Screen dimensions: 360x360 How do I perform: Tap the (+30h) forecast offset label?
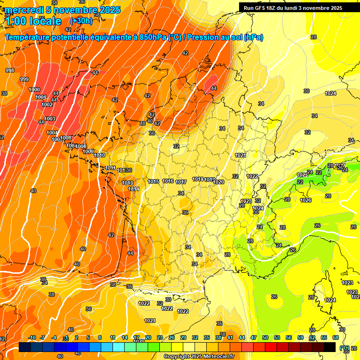[x=81, y=21]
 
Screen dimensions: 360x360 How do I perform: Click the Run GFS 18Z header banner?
[x=293, y=8]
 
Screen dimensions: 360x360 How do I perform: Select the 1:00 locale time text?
[x=34, y=22]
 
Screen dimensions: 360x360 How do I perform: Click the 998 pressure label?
[x=10, y=70]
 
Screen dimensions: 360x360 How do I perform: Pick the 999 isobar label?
[x=24, y=79]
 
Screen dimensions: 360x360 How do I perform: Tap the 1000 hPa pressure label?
[x=34, y=90]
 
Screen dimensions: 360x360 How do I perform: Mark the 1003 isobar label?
[x=50, y=119]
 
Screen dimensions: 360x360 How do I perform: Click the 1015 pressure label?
[x=153, y=181]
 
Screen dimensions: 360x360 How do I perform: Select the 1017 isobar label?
[x=181, y=182]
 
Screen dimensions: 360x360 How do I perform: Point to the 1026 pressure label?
[x=306, y=200]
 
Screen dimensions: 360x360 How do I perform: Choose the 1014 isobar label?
[x=134, y=189]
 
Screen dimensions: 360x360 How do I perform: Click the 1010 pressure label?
[x=99, y=155]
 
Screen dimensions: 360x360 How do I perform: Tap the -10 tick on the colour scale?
[x=32, y=337]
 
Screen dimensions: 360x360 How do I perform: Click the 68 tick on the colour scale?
[x=336, y=337]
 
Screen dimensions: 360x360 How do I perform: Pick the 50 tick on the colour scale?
[x=265, y=337]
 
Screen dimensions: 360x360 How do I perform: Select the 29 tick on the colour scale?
[x=183, y=337]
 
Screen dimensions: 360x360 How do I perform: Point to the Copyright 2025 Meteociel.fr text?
[x=199, y=356]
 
